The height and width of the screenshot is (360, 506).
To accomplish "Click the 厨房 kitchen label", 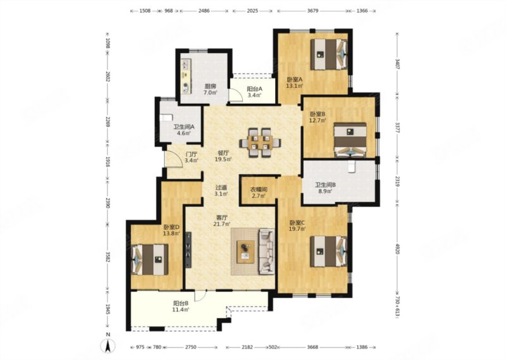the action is click(210, 86).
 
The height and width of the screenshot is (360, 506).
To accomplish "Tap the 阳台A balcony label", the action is click(255, 89).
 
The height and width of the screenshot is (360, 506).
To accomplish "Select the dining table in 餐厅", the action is click(260, 142).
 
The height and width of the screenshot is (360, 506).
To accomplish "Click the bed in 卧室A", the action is click(329, 54).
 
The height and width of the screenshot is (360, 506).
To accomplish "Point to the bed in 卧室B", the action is click(350, 140).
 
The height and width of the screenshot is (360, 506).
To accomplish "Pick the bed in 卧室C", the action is click(329, 252).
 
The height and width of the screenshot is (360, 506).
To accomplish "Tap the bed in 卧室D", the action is click(150, 259).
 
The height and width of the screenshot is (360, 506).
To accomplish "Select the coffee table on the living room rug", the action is click(245, 252).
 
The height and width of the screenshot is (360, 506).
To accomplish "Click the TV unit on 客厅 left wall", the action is click(188, 249).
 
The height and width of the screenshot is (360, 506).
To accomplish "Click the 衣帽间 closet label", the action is click(259, 190).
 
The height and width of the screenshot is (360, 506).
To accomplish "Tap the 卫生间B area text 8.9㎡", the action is click(326, 191).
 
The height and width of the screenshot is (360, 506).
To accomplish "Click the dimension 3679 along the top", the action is click(312, 11).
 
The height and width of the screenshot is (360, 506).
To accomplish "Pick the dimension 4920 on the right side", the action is click(398, 249).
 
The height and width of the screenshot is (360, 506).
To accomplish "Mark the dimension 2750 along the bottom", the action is click(190, 347).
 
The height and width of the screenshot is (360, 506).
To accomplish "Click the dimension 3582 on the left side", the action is click(108, 256).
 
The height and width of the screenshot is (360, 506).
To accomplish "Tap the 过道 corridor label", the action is click(221, 187).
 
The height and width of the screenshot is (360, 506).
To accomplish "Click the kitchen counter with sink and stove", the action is click(185, 76).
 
